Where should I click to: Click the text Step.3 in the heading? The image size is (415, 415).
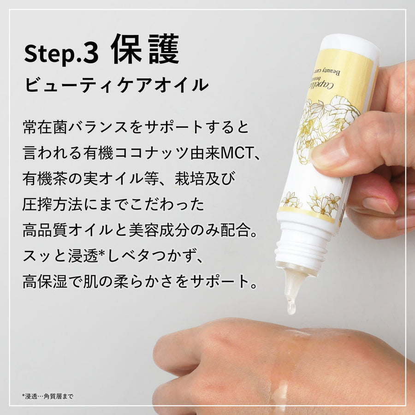tap(61, 54)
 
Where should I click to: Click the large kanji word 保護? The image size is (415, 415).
tap(145, 49)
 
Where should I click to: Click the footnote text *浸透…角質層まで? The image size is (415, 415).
tap(47, 396)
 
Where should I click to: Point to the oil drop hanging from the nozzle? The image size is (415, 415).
tap(291, 306)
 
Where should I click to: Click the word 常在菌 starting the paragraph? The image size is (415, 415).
tap(44, 126)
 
